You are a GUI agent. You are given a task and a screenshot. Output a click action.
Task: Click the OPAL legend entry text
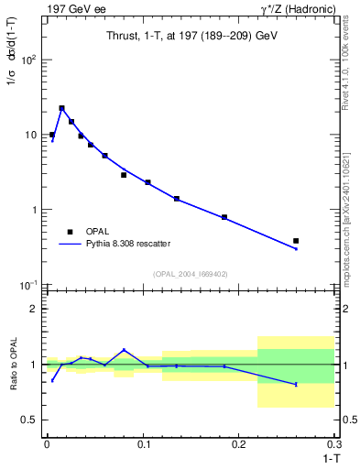tap(96, 231)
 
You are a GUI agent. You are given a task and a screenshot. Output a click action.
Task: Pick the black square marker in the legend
tap(69, 231)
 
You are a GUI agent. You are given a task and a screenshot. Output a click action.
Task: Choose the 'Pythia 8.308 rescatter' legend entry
tap(127, 244)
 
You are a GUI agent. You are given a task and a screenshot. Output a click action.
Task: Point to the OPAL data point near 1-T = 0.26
tap(296, 241)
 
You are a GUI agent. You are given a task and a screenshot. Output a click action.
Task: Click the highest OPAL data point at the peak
tap(61, 108)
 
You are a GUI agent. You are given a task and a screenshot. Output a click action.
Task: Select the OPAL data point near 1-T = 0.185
tap(224, 217)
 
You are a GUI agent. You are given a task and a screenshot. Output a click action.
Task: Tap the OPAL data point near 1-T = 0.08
tap(124, 175)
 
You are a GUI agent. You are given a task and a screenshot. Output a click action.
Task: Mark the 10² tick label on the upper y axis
tap(28, 60)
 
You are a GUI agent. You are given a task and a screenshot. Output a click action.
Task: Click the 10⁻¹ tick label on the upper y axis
tap(28, 285)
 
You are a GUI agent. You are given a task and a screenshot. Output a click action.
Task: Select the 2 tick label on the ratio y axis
tap(35, 309)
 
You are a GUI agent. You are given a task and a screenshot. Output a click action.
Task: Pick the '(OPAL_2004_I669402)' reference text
tap(191, 274)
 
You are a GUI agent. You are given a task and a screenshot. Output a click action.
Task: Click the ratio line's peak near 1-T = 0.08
tap(124, 350)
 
